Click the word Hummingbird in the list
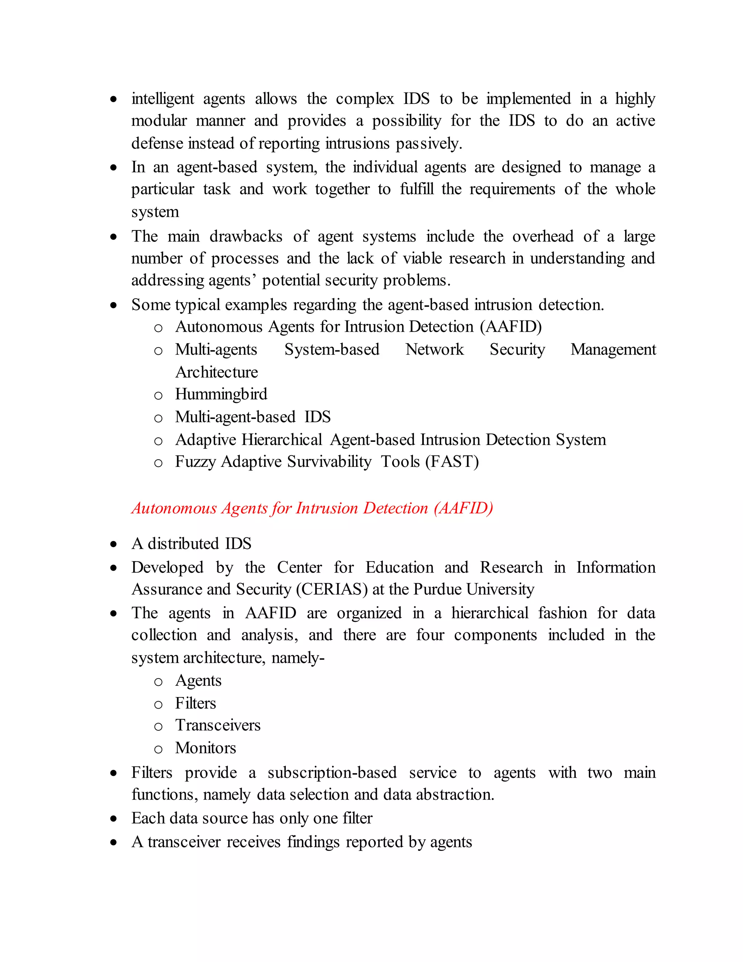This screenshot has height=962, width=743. (221, 394)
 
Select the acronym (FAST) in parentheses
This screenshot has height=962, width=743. (452, 462)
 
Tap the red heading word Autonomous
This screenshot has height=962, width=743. (174, 508)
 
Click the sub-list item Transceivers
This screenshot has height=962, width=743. (218, 725)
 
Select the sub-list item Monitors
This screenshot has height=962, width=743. (206, 748)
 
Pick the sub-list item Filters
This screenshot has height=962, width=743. (196, 703)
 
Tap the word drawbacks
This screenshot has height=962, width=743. (246, 237)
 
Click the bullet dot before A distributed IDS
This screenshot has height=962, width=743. (114, 545)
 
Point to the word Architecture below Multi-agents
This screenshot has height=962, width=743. (217, 372)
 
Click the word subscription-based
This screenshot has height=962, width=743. (332, 773)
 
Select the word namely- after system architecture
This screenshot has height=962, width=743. (298, 658)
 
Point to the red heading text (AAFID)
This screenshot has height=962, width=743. (463, 508)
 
